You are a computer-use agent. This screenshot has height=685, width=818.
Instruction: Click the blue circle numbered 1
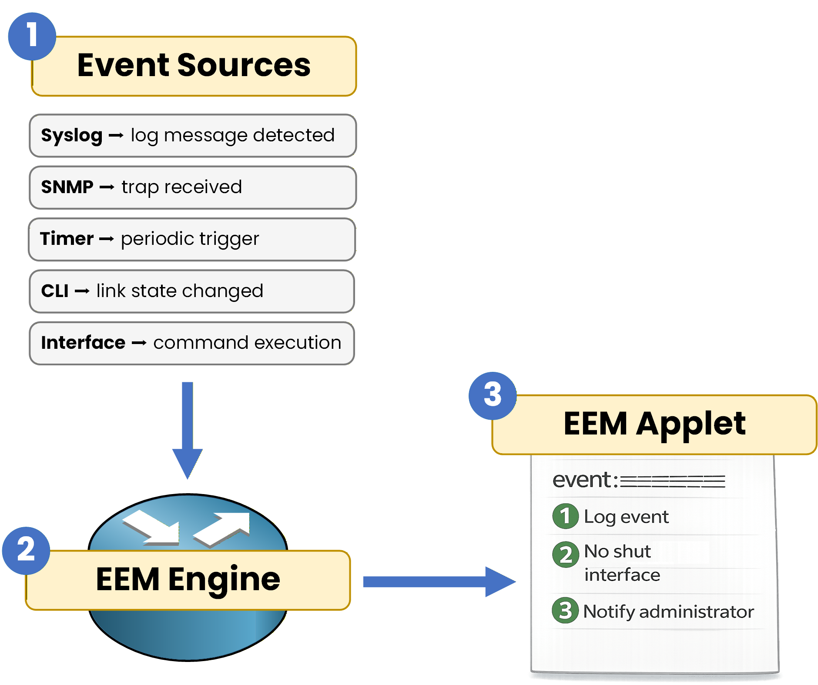coord(32,36)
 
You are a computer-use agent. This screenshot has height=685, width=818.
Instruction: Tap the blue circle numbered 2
coord(26,550)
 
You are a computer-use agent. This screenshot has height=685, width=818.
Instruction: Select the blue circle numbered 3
coord(492,395)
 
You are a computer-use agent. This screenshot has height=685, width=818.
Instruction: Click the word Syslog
coord(71,136)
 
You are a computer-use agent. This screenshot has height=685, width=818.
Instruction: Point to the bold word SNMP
coord(67,187)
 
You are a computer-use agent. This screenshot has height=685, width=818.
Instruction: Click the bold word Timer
coord(67,239)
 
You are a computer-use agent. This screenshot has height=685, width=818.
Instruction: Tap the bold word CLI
coord(55,291)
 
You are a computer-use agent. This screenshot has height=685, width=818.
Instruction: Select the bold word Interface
coord(83,343)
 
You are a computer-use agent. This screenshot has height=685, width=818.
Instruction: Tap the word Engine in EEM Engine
coord(224,580)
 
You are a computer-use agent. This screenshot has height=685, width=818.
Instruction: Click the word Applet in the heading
coord(691,424)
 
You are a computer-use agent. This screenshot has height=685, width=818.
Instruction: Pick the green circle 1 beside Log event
coord(565,516)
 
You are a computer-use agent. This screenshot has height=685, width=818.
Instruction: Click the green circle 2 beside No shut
coord(566,555)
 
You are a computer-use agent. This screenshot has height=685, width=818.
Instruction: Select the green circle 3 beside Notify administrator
coord(565,610)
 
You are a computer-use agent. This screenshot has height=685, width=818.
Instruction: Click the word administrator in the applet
coord(696,612)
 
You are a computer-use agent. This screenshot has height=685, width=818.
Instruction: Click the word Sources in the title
coord(244,65)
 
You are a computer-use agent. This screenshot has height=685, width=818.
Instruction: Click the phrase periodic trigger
coord(190,239)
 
